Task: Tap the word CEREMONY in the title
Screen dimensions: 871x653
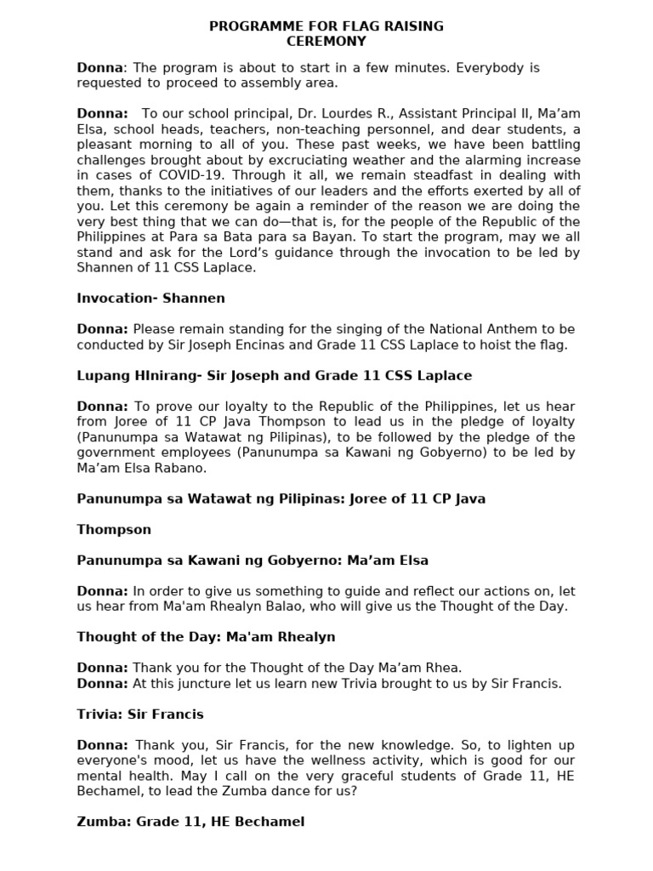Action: pos(326,41)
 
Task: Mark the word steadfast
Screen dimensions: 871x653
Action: pos(422,175)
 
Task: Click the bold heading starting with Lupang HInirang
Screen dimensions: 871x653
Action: pos(274,376)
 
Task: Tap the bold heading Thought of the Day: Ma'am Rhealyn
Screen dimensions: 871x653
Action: pos(206,637)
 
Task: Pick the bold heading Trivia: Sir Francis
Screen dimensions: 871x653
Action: pos(140,714)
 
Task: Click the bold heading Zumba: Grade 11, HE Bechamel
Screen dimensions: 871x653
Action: pos(190,822)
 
